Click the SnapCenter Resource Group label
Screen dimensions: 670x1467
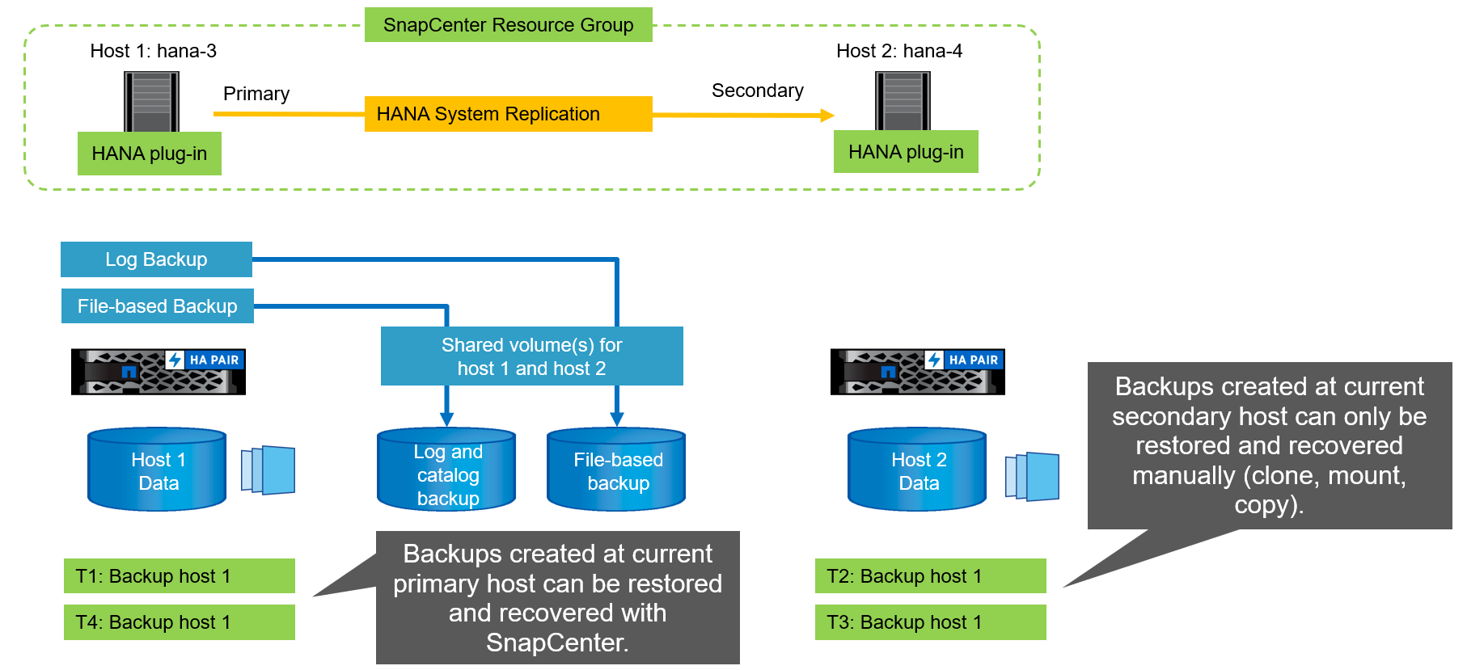[508, 25]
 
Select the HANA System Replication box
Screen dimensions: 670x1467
[508, 114]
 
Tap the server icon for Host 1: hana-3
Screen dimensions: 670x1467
[151, 100]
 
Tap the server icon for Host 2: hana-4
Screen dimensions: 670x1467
[903, 99]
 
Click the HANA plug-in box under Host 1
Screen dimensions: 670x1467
[150, 154]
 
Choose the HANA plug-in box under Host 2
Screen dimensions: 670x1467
[906, 152]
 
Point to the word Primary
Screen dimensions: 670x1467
[256, 94]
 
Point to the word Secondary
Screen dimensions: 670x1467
[757, 91]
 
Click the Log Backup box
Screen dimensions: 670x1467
[156, 259]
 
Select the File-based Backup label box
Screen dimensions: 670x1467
[158, 306]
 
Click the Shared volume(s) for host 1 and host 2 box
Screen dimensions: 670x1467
[531, 356]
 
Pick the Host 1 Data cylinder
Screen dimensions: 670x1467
[157, 470]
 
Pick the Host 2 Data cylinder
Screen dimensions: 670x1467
[917, 470]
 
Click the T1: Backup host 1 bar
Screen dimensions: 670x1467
[179, 576]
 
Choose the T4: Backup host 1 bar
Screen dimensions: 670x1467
[179, 622]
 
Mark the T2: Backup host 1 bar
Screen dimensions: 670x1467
[930, 576]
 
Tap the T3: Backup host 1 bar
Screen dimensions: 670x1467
[930, 622]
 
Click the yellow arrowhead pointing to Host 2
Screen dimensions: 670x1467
[827, 116]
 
